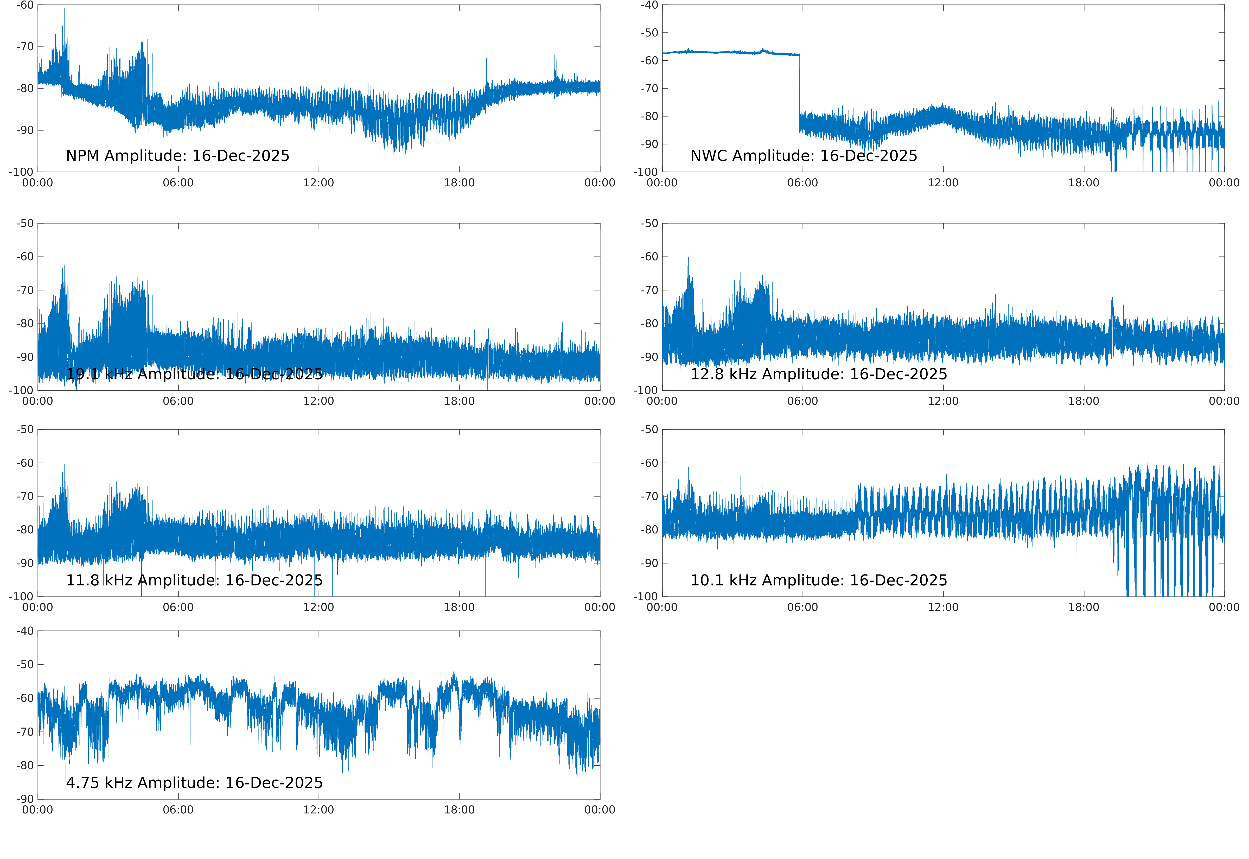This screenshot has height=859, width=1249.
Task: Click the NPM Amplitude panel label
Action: (177, 156)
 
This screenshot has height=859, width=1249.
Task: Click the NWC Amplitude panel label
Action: (804, 156)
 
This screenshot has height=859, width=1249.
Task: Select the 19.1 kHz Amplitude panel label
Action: (194, 374)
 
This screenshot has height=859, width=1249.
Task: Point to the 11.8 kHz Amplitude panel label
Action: (194, 580)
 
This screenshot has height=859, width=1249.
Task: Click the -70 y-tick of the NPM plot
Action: (25, 47)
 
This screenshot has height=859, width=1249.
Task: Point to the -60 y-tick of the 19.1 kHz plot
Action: (25, 257)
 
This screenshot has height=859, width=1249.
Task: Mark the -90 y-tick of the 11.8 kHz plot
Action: (25, 563)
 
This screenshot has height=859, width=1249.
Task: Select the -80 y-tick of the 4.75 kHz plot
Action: (25, 765)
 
